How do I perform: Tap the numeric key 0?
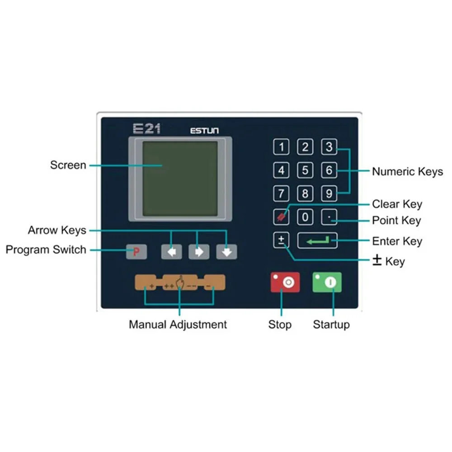point(305,217)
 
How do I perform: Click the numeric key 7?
point(282,194)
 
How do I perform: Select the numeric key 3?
point(329,147)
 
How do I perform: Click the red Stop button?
point(285,282)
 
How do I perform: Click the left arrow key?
point(172,252)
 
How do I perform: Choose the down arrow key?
point(226,252)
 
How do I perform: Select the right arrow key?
point(199,252)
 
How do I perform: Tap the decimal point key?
point(329,217)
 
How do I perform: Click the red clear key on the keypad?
point(281,217)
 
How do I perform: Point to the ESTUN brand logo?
point(204,131)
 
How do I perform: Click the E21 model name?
point(147,129)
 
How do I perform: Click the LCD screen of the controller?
point(180,179)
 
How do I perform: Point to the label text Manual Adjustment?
point(178,324)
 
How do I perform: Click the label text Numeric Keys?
point(407,171)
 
